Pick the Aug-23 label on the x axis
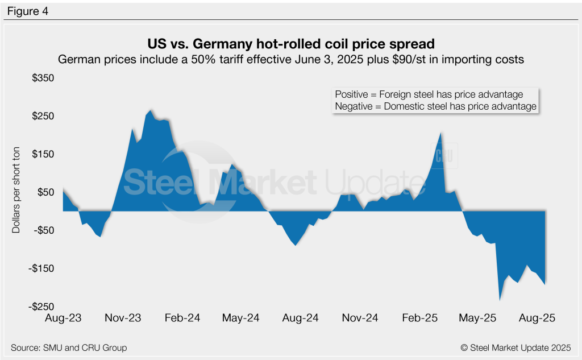[x=63, y=318]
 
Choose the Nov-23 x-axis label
[x=123, y=318]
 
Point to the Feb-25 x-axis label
[x=421, y=318]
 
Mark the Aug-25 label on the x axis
[x=537, y=318]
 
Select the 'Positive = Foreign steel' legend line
[x=429, y=94]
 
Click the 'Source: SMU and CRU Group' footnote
[x=69, y=347]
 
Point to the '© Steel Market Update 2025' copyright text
[x=515, y=347]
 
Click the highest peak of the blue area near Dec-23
[x=151, y=110]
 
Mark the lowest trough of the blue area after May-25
[x=500, y=299]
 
